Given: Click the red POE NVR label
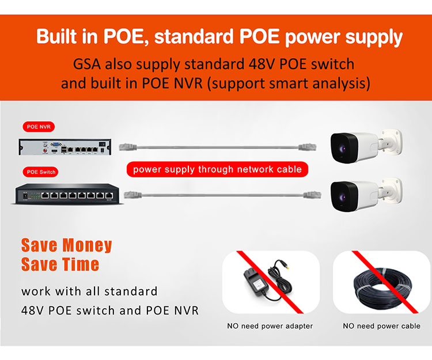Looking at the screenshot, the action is pos(39,127).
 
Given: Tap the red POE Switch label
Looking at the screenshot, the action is pos(40,172).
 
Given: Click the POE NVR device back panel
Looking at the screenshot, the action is pos(65,147).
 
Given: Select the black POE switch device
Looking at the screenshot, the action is pos(67,194).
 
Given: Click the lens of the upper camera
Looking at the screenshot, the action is pos(342,149).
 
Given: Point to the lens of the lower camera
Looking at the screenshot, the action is pos(342,197).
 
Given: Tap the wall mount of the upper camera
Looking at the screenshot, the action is pos(391,141).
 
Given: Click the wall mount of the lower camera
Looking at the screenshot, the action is pos(391,190).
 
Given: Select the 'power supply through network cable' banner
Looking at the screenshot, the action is pos(217,169).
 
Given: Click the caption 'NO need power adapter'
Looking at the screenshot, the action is pos(270,326).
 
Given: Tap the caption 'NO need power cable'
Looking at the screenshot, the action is pos(381,326).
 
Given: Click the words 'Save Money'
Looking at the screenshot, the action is pos(67,245).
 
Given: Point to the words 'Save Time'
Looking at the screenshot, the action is pos(60,264).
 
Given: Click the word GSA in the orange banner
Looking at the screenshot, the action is pos(87,64).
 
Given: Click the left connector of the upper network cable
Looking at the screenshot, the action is pos(128,147).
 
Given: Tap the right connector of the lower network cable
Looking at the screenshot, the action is pos(312,195).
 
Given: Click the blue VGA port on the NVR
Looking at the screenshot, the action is pos(56,144).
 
